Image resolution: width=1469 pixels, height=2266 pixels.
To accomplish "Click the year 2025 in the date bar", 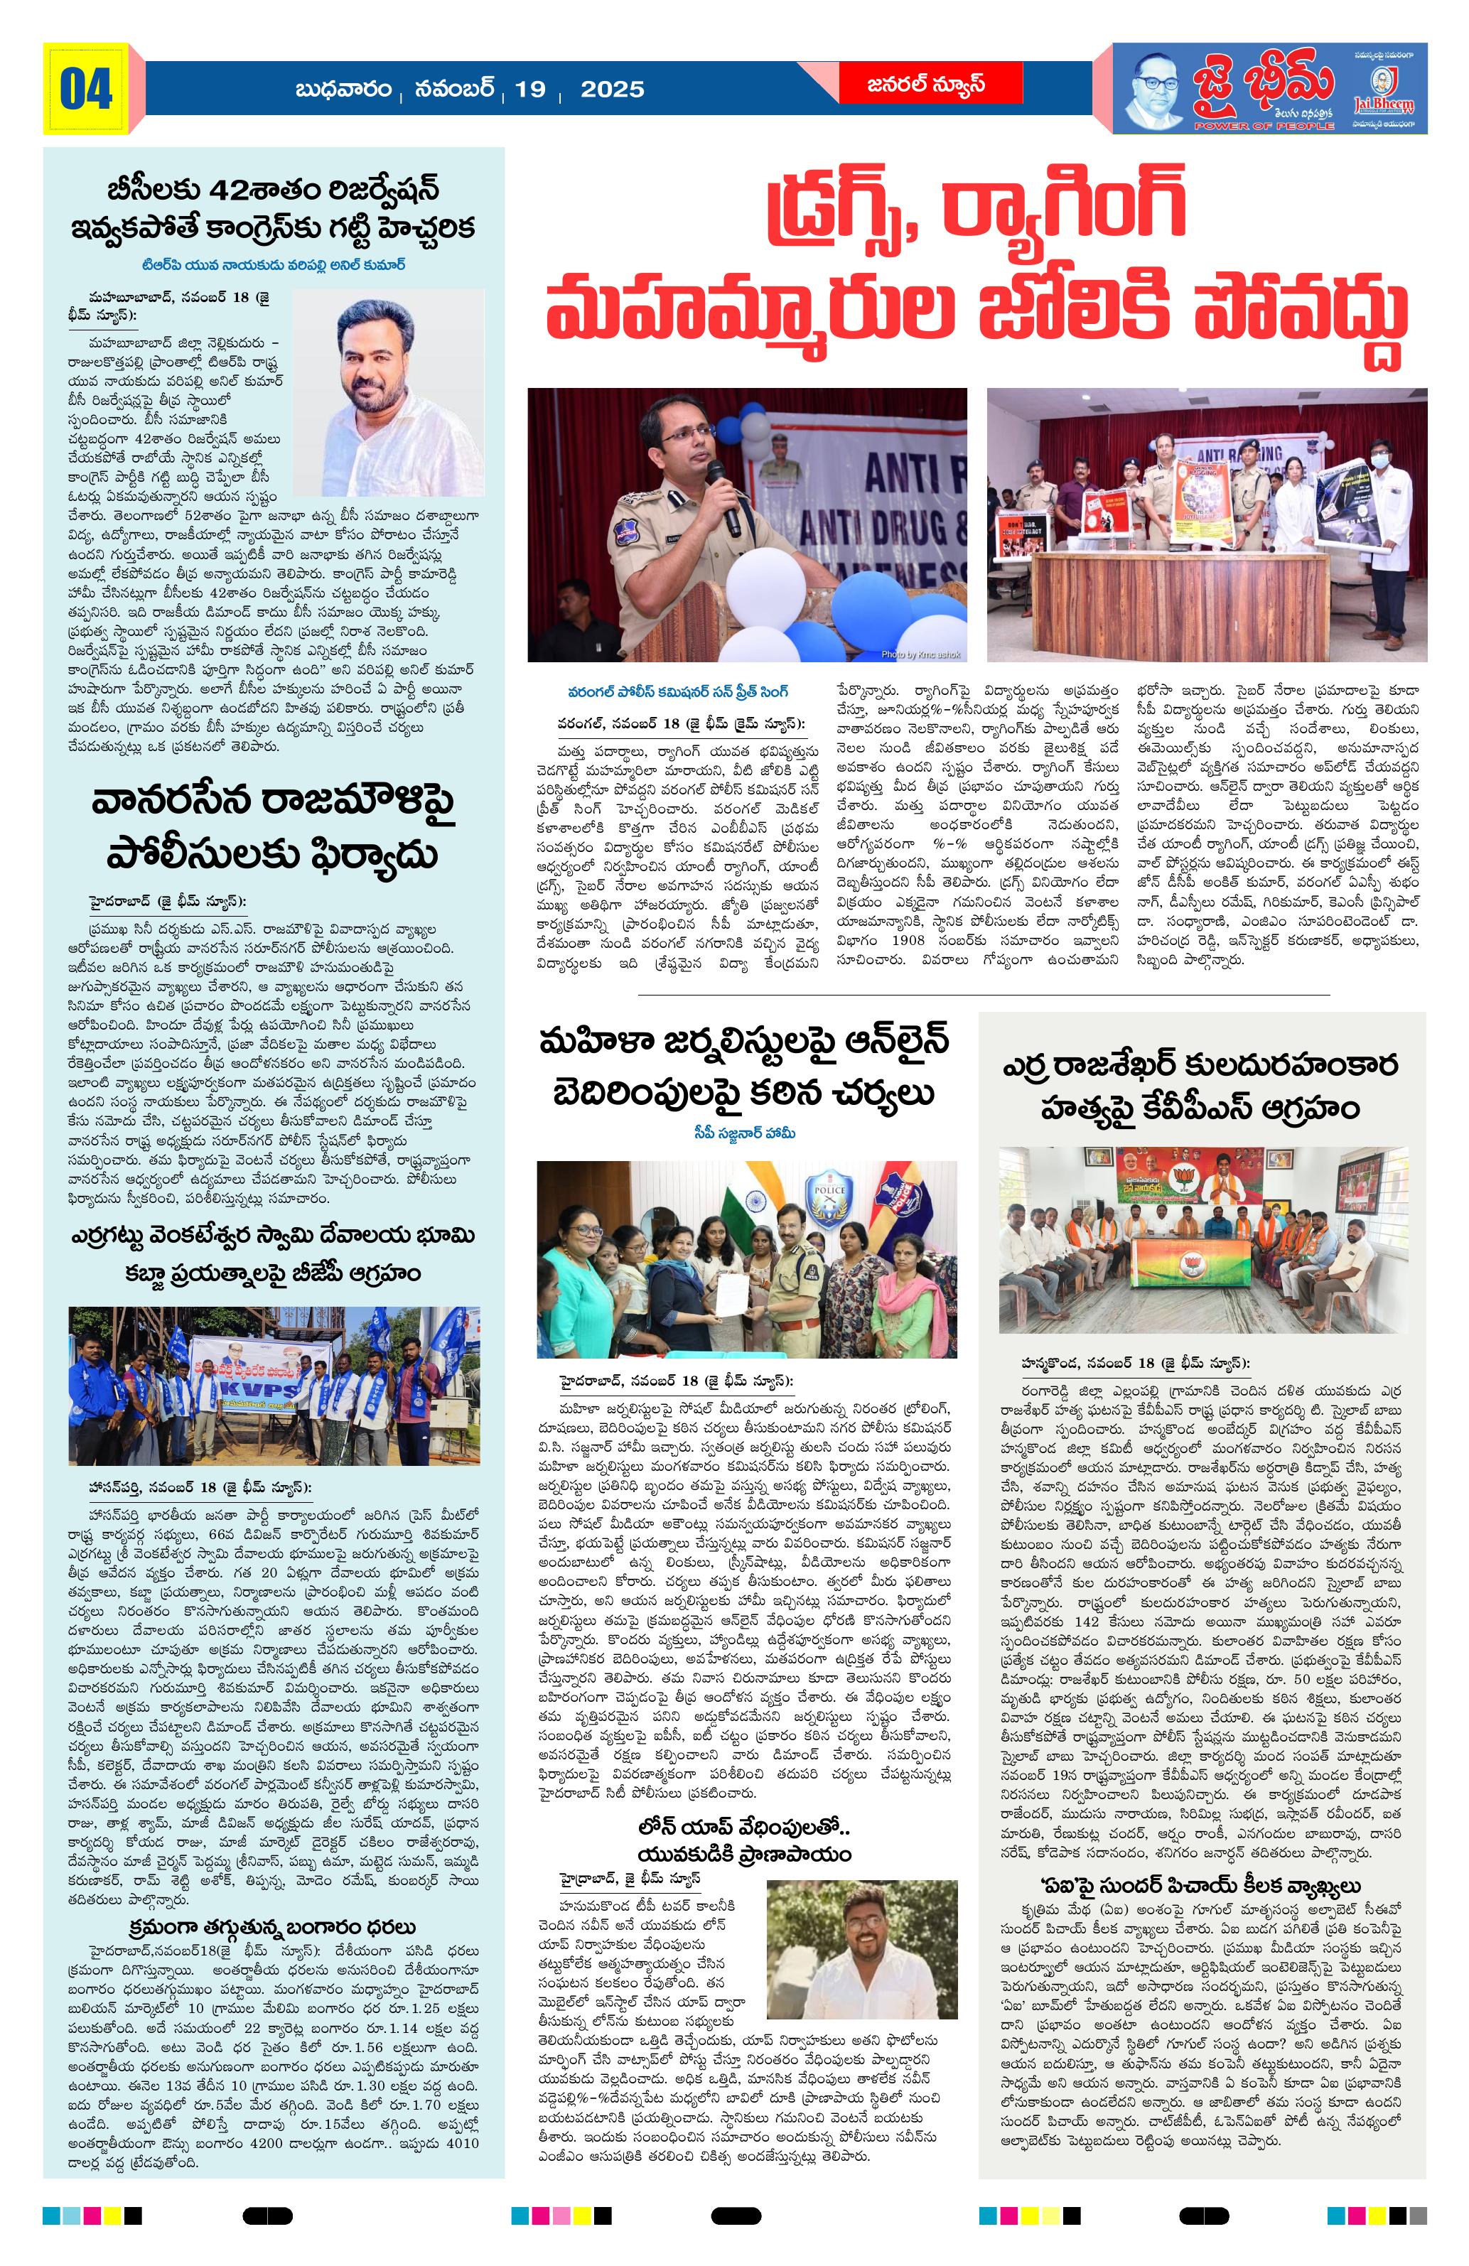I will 612,90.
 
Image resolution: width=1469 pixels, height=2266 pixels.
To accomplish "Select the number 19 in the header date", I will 529,90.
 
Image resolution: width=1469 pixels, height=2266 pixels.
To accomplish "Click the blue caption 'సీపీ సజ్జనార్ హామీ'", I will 743,1132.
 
